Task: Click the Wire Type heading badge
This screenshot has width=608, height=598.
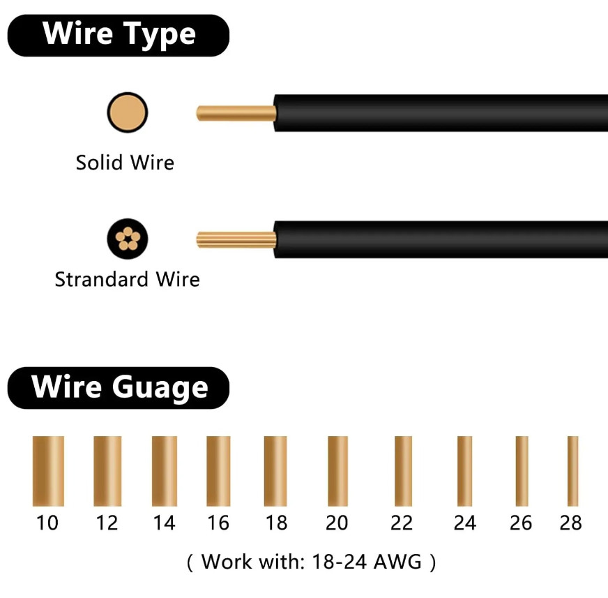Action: (119, 35)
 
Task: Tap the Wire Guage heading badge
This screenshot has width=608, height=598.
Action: (119, 387)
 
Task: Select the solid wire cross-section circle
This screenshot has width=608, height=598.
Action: (128, 112)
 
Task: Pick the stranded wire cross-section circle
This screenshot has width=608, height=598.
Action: (128, 239)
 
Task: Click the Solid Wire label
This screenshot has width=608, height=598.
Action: (125, 163)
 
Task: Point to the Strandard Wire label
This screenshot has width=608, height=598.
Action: (127, 279)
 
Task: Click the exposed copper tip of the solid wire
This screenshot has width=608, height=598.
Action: (236, 112)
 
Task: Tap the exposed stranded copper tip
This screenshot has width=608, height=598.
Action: (236, 239)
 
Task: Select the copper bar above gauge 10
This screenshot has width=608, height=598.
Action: (48, 471)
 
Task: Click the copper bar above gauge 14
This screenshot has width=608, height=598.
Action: (165, 471)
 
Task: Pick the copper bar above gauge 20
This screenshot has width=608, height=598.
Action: (337, 471)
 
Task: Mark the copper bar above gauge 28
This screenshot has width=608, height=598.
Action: (572, 471)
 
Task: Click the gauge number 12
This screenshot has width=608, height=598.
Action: (107, 523)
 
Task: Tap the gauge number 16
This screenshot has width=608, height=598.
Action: (218, 523)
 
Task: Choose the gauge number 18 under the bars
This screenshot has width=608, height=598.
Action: (276, 523)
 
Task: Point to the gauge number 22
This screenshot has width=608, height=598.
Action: (402, 523)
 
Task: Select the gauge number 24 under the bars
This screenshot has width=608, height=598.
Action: (464, 523)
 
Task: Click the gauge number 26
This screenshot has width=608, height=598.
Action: (521, 523)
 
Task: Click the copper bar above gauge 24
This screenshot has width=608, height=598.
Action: (464, 471)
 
